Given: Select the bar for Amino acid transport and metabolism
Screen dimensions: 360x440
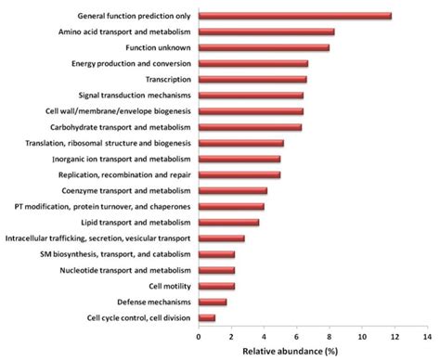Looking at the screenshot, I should [266, 32].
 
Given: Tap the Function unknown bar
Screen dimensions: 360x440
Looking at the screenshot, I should [264, 47].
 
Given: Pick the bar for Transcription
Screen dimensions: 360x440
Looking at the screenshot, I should [252, 79].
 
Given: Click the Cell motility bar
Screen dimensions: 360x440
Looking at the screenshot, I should [216, 286].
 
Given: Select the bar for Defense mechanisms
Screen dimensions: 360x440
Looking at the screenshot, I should [213, 302].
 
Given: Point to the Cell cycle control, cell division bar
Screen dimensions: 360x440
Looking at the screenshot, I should [207, 317].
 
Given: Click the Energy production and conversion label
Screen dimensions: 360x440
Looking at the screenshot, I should [131, 63].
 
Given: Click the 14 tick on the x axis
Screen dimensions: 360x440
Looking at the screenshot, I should [428, 338].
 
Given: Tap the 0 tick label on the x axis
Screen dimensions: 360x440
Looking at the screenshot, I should [199, 338].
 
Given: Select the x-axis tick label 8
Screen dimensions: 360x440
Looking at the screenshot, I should [330, 338].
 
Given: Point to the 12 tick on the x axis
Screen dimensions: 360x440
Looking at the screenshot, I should [395, 338].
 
